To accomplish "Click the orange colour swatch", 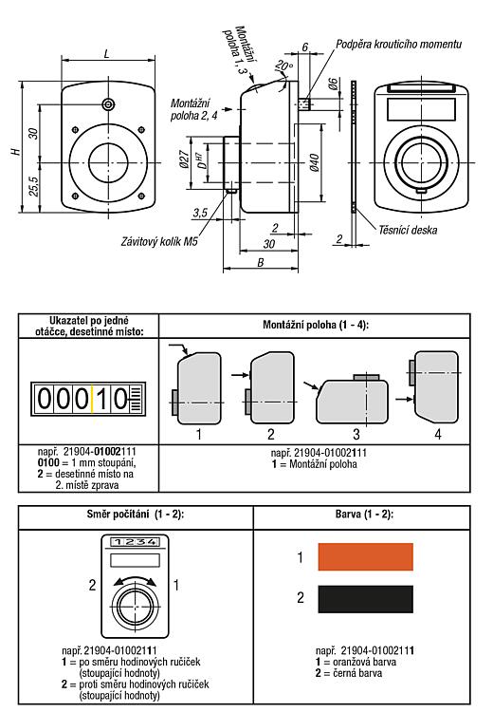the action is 366,556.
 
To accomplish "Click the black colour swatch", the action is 366,599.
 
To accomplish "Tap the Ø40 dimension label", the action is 314,162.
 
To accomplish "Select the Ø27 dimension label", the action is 184,159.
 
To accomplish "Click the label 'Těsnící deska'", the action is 408,231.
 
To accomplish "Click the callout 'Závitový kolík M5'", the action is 159,241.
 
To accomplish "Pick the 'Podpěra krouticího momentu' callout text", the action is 398,44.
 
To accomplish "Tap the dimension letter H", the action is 16,151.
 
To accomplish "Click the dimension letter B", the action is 261,262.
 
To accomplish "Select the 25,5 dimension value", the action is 33,186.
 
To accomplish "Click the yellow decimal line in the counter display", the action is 92,399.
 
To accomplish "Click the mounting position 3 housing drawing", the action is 352,399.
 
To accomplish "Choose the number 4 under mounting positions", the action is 438,435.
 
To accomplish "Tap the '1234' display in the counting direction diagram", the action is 136,542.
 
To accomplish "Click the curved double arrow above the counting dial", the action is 135,577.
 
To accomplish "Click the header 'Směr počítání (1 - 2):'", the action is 136,515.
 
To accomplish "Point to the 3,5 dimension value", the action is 200,213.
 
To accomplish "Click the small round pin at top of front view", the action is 108,104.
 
